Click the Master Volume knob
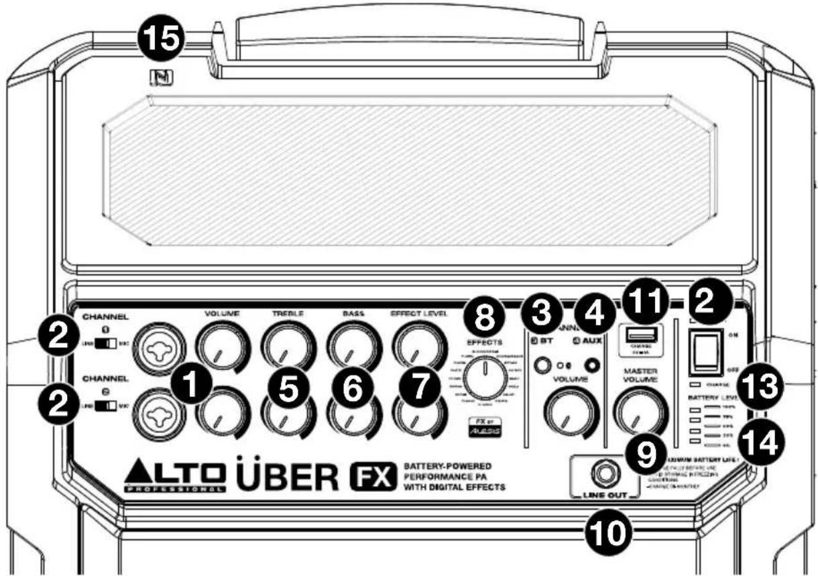[640, 410]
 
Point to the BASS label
[353, 312]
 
